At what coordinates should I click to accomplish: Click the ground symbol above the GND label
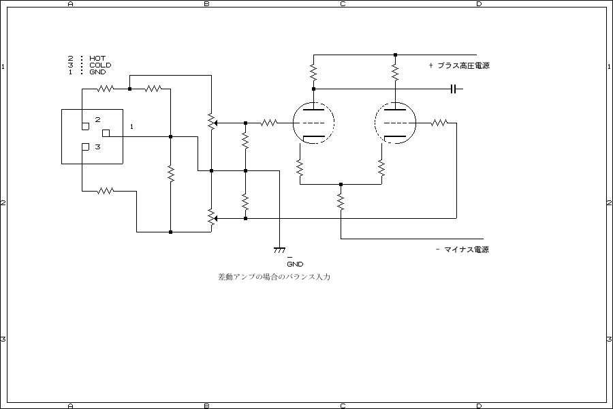pos(279,249)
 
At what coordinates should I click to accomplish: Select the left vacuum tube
pos(313,123)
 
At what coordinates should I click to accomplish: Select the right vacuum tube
pos(395,123)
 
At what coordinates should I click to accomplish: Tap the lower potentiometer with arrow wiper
pos(212,217)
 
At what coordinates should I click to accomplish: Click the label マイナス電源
pos(465,249)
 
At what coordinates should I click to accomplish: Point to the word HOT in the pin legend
pos(97,59)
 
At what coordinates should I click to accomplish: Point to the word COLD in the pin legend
pos(100,65)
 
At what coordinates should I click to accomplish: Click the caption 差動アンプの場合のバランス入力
pos(274,277)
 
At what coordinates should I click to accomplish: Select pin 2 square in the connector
pos(84,126)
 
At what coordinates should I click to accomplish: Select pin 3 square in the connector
pos(84,147)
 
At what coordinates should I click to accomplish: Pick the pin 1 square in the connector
pos(106,132)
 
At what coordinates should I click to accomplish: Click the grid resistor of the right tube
pos(439,123)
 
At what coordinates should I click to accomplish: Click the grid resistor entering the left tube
pos(269,123)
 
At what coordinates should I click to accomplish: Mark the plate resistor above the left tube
pos(313,71)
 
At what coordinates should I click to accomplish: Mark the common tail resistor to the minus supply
pos(341,201)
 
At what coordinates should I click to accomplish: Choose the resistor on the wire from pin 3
pos(105,192)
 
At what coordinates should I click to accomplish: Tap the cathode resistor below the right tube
pos(381,166)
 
